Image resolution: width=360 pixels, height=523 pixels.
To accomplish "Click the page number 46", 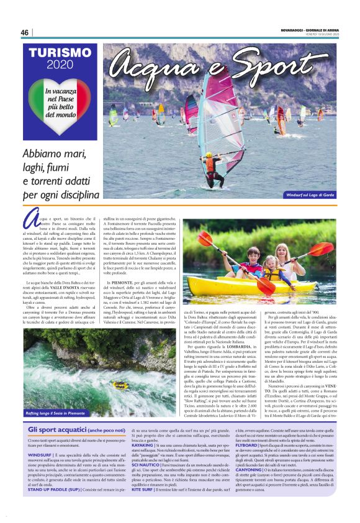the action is (24, 32).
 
